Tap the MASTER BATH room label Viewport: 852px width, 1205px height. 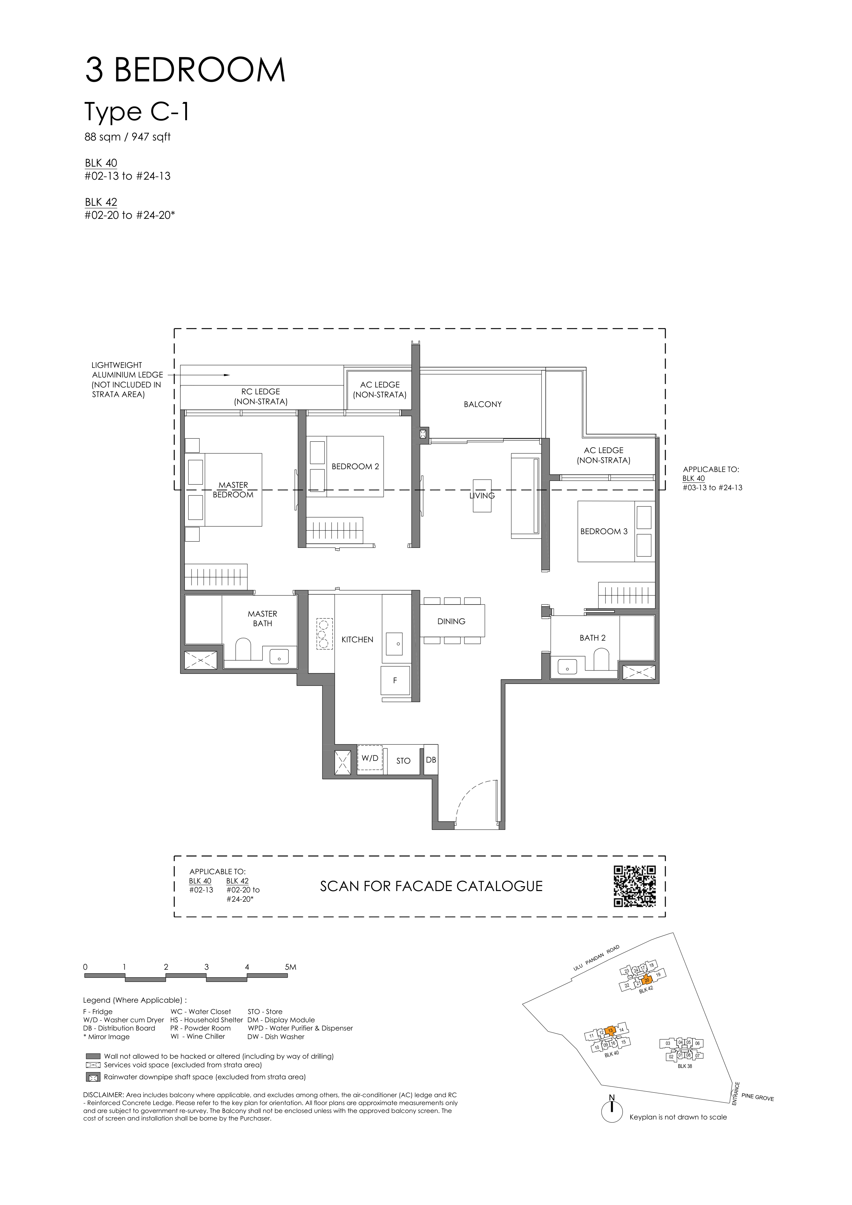(263, 618)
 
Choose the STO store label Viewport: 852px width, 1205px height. (403, 761)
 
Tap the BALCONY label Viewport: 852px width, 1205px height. (483, 404)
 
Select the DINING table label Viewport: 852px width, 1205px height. (452, 621)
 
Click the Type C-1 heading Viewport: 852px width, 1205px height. (137, 112)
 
